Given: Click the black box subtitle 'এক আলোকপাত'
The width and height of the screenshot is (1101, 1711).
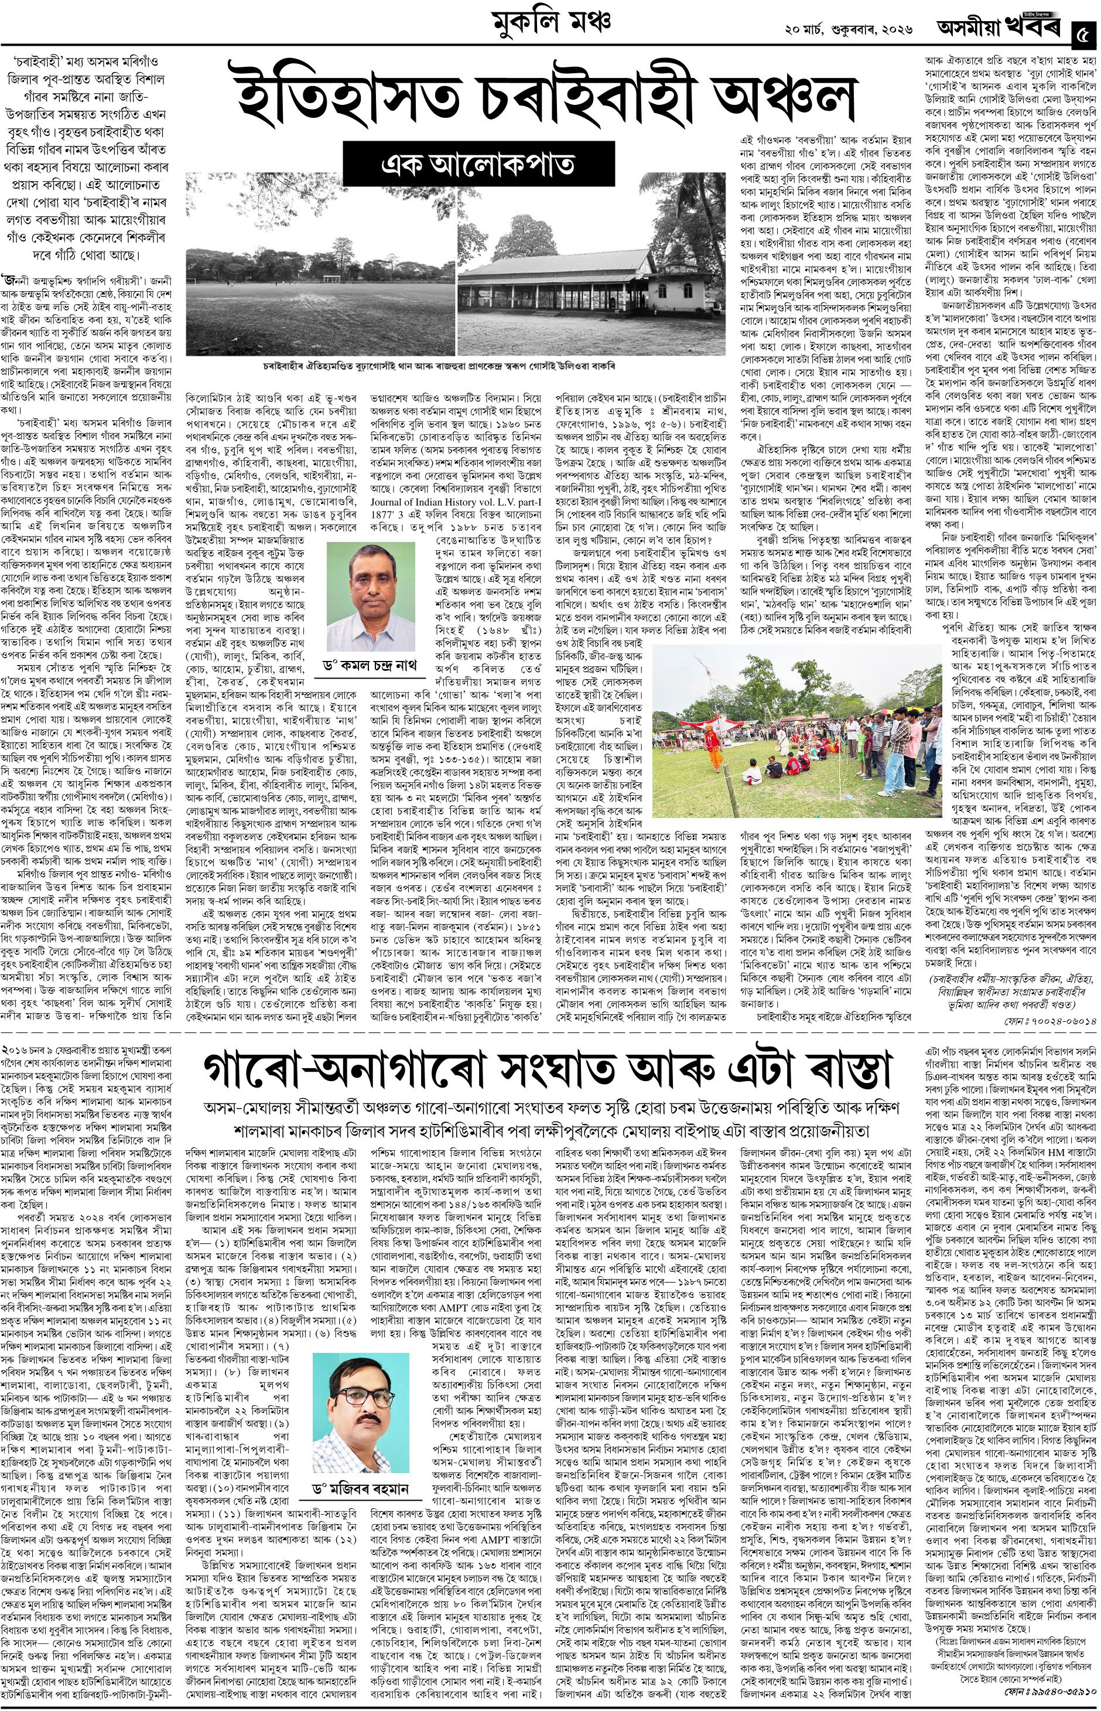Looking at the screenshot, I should [479, 165].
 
